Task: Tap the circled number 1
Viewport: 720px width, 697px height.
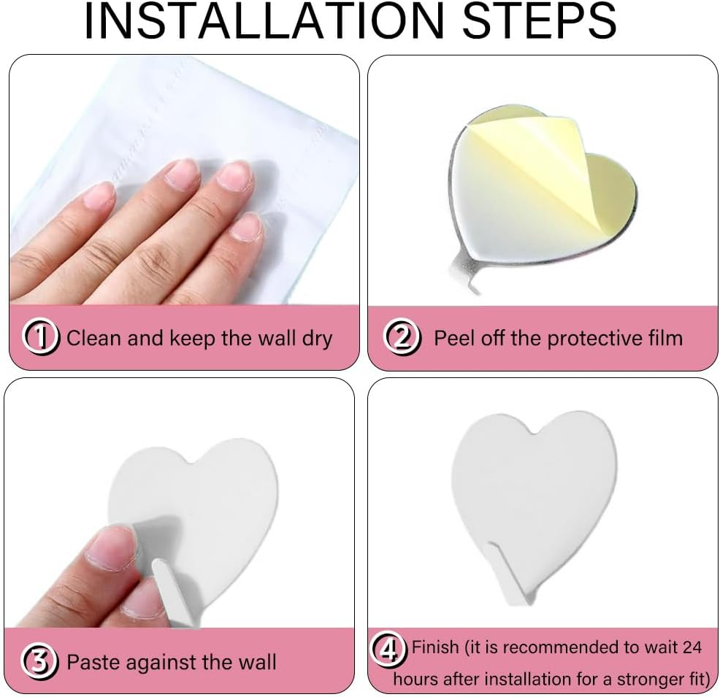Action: [x=42, y=337]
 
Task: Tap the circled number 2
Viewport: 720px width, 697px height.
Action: [x=402, y=338]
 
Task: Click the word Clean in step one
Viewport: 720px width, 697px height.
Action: [x=94, y=338]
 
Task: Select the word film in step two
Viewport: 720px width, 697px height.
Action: [x=662, y=338]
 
